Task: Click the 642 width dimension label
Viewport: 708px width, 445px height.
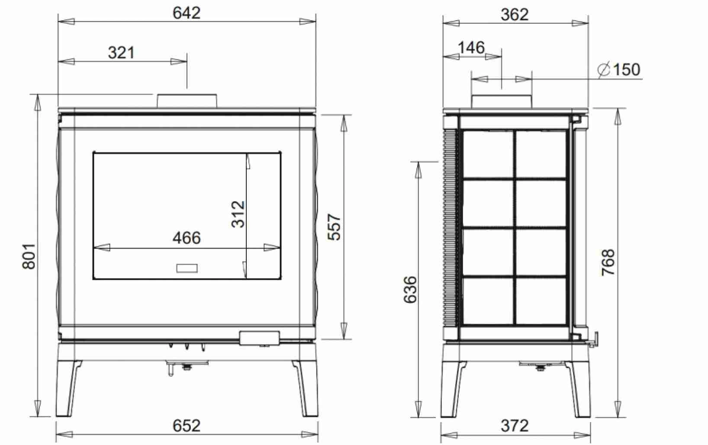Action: click(x=187, y=13)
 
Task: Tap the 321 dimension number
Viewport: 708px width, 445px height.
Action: click(x=121, y=53)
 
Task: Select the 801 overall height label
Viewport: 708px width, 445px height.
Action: click(x=29, y=256)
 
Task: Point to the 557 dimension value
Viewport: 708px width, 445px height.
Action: click(x=335, y=227)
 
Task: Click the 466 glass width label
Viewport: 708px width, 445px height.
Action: click(x=187, y=238)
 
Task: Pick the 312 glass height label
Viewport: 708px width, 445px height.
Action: click(x=238, y=214)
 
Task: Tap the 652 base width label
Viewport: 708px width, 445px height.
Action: click(x=187, y=426)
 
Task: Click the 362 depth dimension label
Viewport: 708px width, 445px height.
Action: click(x=515, y=15)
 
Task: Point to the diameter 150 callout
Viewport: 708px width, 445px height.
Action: click(x=619, y=69)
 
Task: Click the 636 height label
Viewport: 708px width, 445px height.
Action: click(x=410, y=289)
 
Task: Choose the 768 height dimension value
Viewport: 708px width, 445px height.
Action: click(x=608, y=262)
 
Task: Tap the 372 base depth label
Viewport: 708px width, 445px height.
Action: click(x=515, y=426)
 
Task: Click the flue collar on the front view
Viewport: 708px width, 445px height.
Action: click(x=187, y=100)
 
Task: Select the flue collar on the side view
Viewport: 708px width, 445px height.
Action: click(x=501, y=100)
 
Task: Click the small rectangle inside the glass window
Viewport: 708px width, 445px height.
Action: click(x=187, y=268)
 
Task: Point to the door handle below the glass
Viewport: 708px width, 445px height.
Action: click(x=259, y=338)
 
